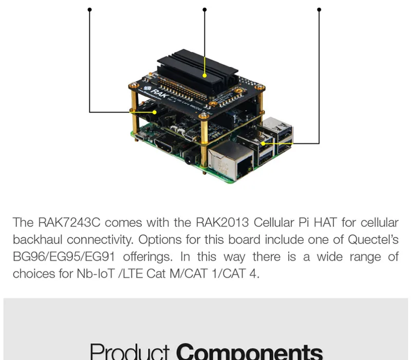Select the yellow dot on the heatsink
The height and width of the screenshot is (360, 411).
tap(204, 75)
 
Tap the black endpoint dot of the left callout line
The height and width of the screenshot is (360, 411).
tap(90, 9)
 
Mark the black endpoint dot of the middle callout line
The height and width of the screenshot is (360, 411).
tap(204, 9)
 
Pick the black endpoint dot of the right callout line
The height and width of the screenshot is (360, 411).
tap(319, 9)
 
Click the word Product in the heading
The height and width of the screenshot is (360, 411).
tap(129, 351)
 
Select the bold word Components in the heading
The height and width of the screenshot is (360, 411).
tap(249, 351)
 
